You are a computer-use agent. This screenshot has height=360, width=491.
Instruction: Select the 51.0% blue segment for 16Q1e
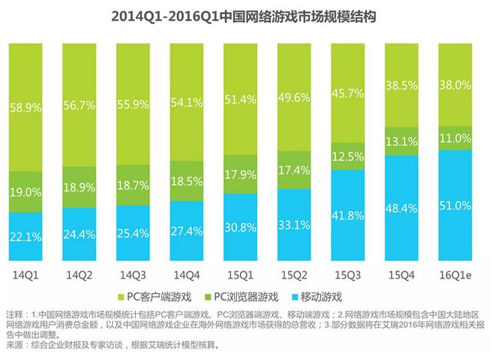tap(457, 206)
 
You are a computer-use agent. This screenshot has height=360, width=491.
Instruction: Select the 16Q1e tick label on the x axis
tap(459, 272)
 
